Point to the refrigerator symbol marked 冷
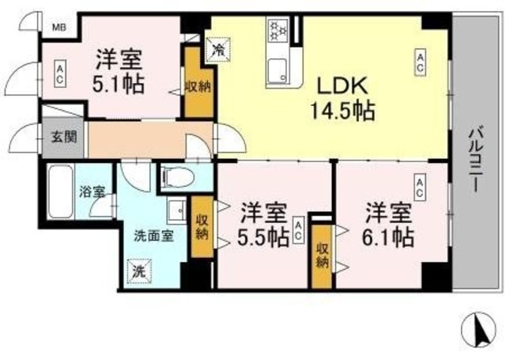[x=217, y=49]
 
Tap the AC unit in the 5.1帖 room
[x=60, y=75]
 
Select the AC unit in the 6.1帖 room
[x=420, y=188]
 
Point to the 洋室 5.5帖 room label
[x=262, y=225]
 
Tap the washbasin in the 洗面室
[x=178, y=211]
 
